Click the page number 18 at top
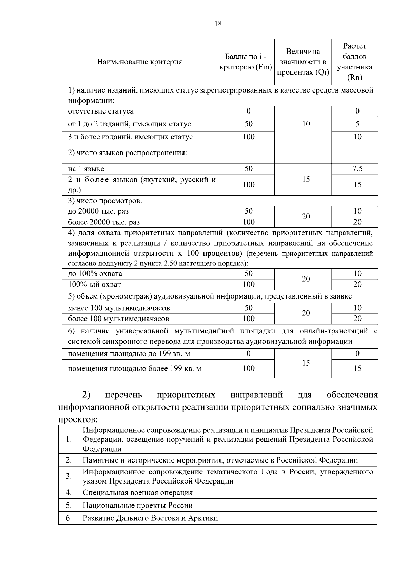click(x=218, y=24)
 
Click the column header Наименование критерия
click(x=139, y=62)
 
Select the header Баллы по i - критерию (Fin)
click(x=246, y=62)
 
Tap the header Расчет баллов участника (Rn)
click(x=354, y=62)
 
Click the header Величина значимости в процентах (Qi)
click(x=303, y=62)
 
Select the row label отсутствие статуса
click(x=101, y=111)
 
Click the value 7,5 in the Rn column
click(x=357, y=169)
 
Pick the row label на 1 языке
click(x=86, y=169)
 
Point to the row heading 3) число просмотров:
click(x=105, y=201)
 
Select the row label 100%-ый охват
click(x=94, y=284)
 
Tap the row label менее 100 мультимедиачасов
click(x=119, y=308)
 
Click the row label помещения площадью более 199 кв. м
click(x=135, y=369)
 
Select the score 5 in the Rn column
click(x=357, y=124)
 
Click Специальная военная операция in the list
click(x=138, y=493)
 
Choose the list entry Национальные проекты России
click(x=138, y=505)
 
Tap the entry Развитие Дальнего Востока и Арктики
click(x=150, y=518)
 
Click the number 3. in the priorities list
click(x=69, y=476)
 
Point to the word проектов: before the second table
click(x=78, y=419)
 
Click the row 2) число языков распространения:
click(x=128, y=153)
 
